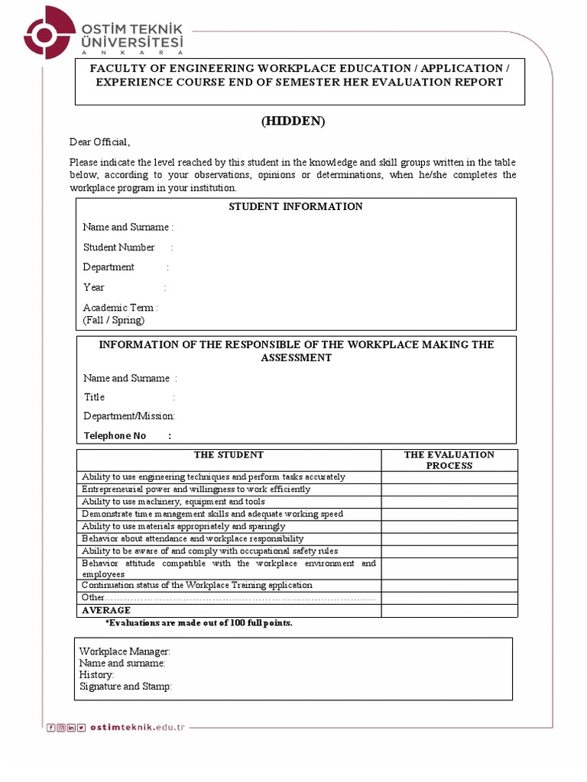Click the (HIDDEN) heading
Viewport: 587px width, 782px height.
click(x=293, y=121)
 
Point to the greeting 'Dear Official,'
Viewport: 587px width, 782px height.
click(x=100, y=142)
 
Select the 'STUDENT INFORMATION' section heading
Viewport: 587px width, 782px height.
click(x=296, y=207)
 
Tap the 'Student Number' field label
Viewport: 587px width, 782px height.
click(x=119, y=247)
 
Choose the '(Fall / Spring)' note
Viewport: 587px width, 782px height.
click(x=114, y=320)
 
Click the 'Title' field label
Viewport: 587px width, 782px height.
click(x=95, y=397)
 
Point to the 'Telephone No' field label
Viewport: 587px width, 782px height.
click(x=115, y=436)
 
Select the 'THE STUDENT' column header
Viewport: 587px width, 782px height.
click(x=229, y=455)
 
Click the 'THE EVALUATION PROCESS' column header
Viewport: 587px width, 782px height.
click(x=449, y=460)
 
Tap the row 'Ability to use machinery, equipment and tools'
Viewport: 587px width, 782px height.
click(x=174, y=502)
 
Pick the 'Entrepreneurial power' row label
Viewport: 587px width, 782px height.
click(x=196, y=490)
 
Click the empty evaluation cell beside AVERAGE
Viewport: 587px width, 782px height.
click(x=449, y=611)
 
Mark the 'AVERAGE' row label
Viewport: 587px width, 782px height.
click(x=106, y=611)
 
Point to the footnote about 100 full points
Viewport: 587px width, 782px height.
click(x=199, y=623)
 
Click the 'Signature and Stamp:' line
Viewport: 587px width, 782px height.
click(x=126, y=687)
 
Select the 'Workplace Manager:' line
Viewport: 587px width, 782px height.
click(x=125, y=651)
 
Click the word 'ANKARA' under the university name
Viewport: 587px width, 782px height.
click(x=131, y=53)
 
